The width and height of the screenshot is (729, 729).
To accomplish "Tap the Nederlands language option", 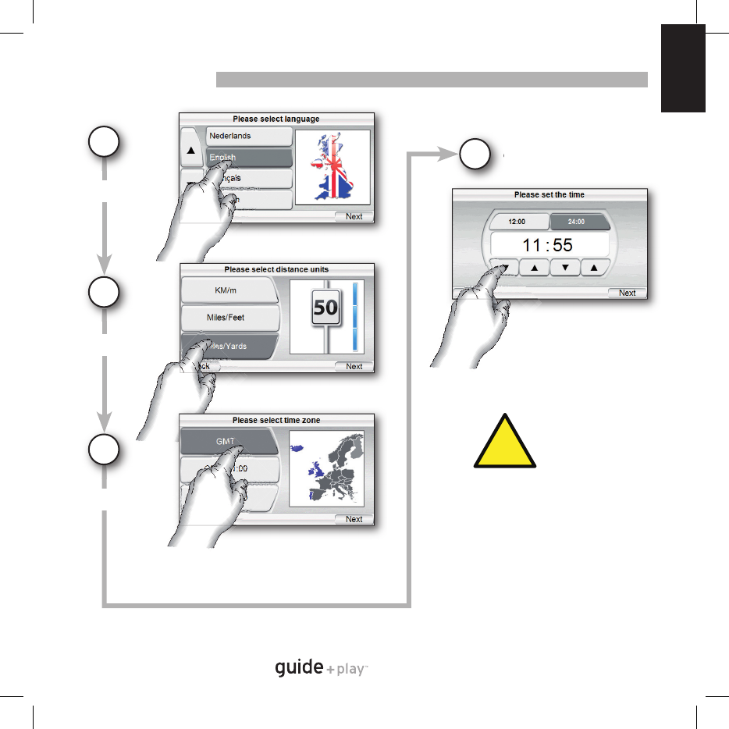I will (x=248, y=137).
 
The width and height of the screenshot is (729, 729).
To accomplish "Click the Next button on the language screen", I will (x=354, y=216).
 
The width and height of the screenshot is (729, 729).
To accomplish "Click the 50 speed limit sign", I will (x=325, y=308).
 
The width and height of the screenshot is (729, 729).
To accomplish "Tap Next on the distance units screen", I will (x=354, y=366).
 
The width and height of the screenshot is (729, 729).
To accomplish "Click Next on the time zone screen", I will (x=354, y=519).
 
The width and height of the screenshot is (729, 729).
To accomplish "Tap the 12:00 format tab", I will (x=516, y=221).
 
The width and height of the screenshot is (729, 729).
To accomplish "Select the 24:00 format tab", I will (x=576, y=221).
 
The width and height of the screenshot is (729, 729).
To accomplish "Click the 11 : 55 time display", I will (x=547, y=245).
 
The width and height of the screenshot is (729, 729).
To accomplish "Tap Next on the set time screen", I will (x=627, y=293).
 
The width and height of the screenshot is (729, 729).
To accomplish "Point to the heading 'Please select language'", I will (x=276, y=119).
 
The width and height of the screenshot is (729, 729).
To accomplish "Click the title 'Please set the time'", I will (x=549, y=194).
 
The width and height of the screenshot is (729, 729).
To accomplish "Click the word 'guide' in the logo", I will (x=299, y=668).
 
